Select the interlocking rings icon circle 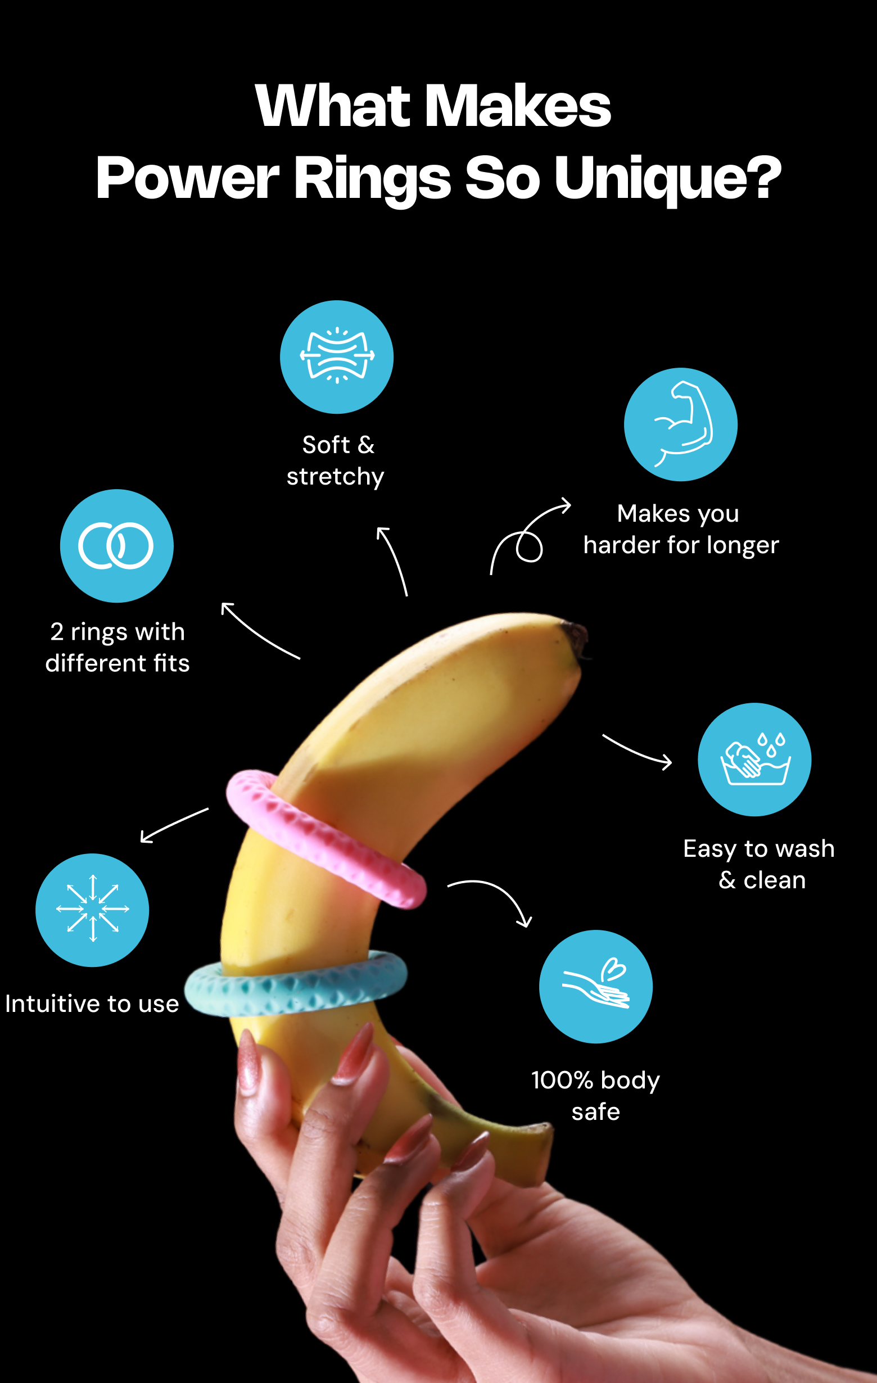click(116, 546)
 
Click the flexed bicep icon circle click(681, 424)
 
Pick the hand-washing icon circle click(754, 760)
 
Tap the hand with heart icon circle click(595, 987)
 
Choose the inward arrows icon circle click(92, 910)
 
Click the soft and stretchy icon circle click(337, 356)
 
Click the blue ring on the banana click(296, 984)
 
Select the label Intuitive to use click(92, 1004)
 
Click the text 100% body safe click(595, 1096)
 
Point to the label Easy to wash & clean click(759, 865)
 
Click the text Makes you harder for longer click(681, 530)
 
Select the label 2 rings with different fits click(117, 647)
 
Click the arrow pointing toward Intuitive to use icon click(174, 825)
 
